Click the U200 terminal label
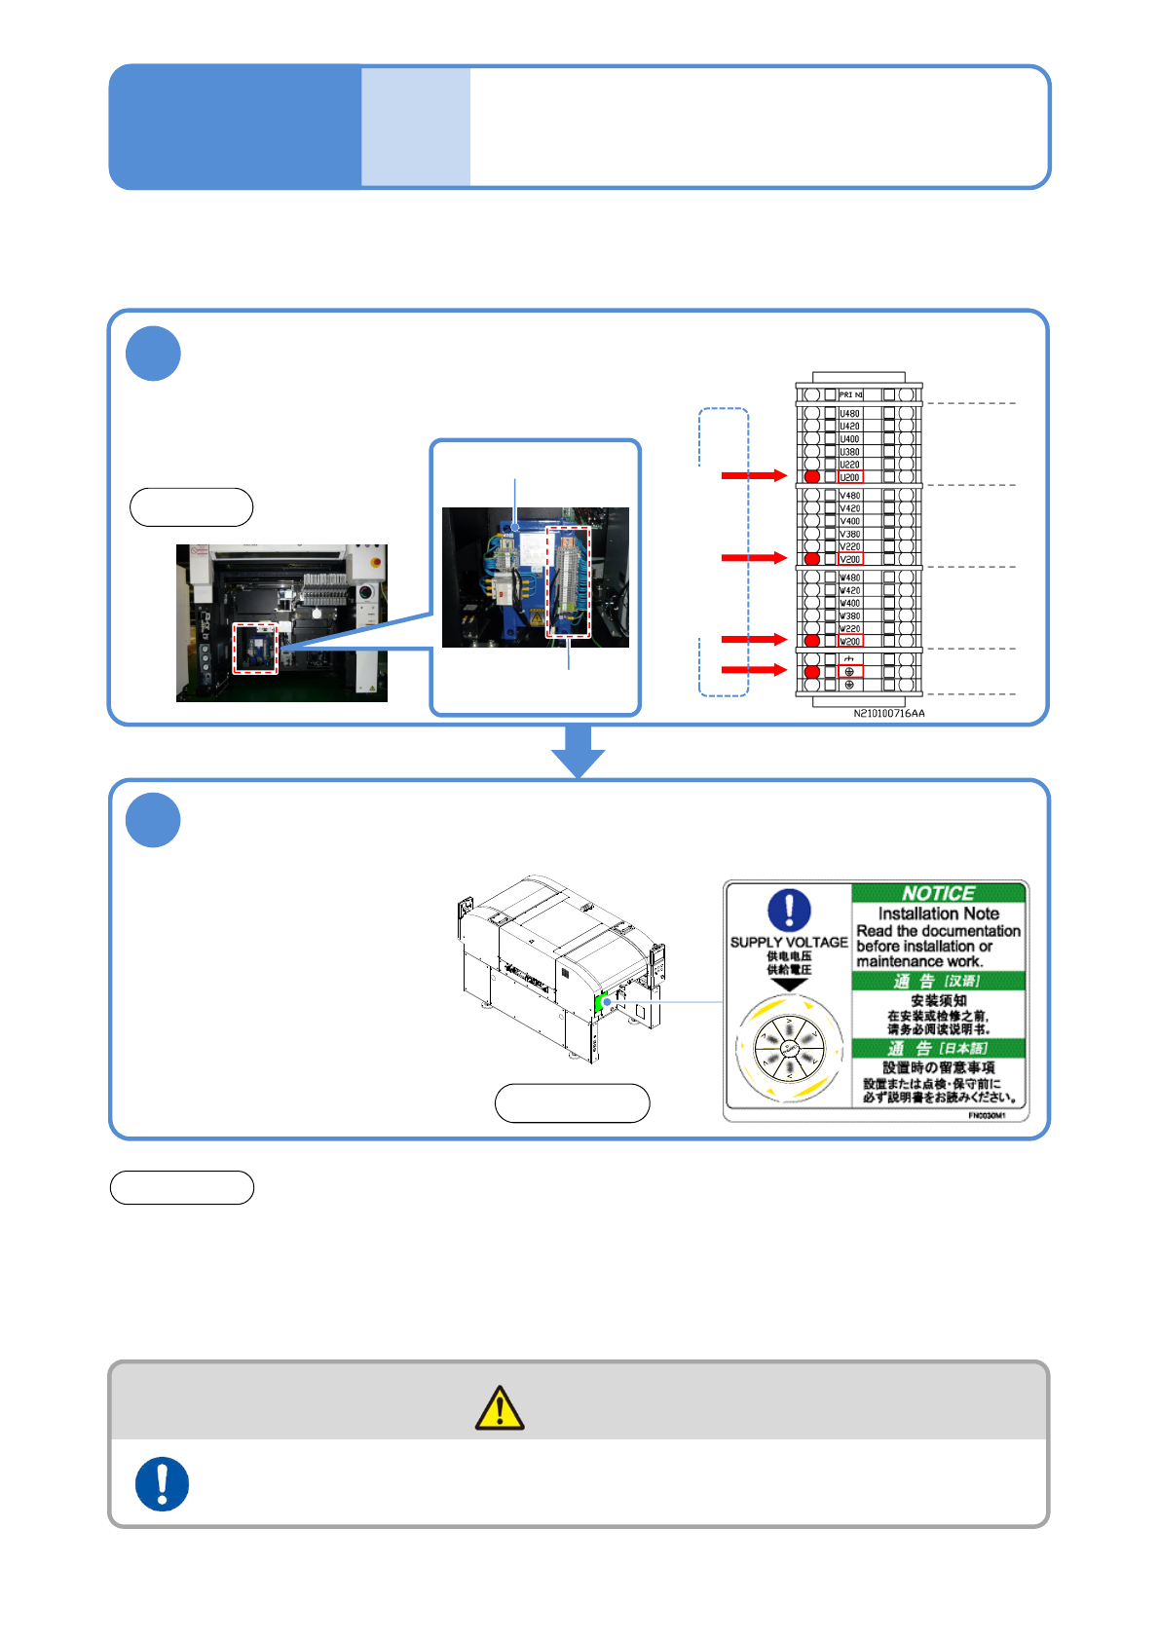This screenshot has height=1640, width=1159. [x=850, y=477]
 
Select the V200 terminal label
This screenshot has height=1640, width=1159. [x=850, y=559]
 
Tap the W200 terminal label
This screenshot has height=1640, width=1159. [x=850, y=641]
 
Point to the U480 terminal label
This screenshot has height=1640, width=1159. [x=850, y=414]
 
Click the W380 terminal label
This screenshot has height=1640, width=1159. [x=850, y=615]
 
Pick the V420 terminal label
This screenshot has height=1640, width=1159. [x=850, y=508]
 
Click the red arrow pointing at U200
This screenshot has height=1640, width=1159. [x=753, y=475]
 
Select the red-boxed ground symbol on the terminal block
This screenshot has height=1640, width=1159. [x=849, y=671]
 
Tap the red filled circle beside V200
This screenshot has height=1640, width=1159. [x=812, y=559]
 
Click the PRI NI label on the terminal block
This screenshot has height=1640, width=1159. [x=851, y=394]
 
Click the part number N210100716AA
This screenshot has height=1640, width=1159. [x=889, y=714]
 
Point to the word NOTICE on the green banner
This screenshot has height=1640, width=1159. [x=938, y=893]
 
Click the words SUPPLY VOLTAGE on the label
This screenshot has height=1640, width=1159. [x=789, y=942]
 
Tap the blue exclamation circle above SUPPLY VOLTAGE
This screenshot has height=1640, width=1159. [x=789, y=910]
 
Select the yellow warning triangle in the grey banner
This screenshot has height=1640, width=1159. [x=500, y=1408]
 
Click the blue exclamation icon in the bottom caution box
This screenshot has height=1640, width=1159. [x=162, y=1483]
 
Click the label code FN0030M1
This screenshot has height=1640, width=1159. [x=988, y=1115]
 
